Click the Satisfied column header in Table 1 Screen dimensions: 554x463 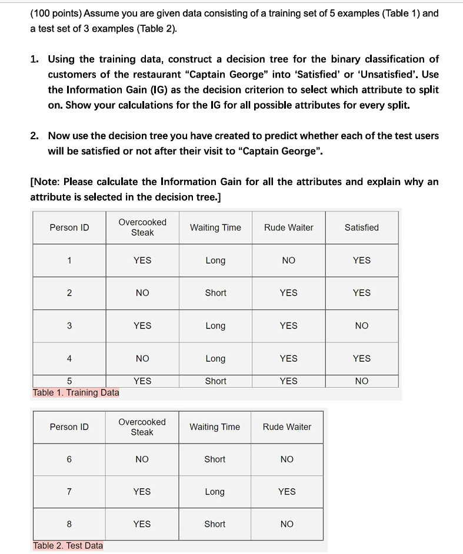(361, 227)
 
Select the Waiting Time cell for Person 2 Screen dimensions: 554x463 (215, 293)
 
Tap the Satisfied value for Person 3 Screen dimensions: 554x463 (361, 325)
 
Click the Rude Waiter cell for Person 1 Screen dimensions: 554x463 (288, 260)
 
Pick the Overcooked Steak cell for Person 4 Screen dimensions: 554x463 (142, 358)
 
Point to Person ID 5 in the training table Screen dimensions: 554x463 (69, 381)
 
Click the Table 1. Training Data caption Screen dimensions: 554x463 (76, 392)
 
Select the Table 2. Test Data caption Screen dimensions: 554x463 (68, 546)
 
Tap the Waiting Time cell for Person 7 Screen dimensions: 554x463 (215, 492)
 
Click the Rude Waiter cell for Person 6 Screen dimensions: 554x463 (287, 459)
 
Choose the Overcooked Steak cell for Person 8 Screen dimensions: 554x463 (142, 524)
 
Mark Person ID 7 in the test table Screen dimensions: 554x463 (69, 492)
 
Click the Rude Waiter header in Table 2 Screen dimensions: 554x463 (287, 427)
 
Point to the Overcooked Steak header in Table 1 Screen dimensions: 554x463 (142, 227)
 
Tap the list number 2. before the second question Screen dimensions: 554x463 (36, 136)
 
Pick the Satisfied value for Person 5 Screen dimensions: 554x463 (361, 381)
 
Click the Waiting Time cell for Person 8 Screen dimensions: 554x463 (215, 524)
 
